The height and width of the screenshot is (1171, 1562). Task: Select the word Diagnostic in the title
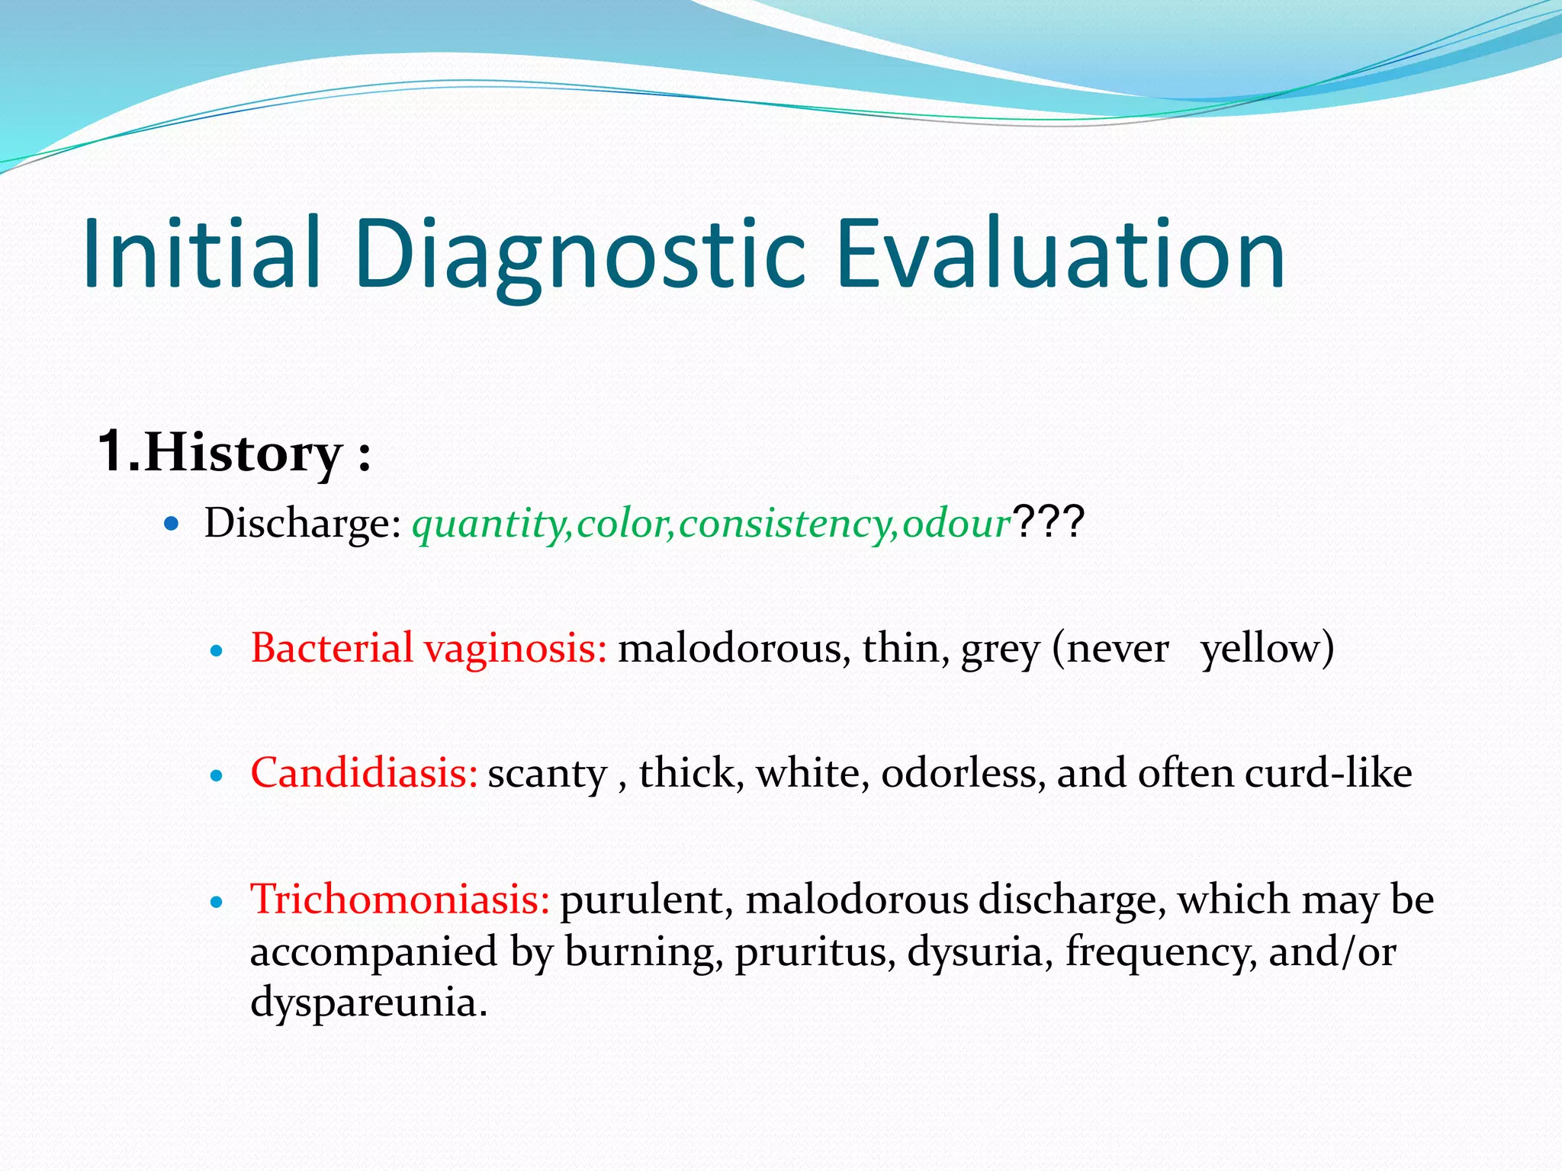tap(580, 255)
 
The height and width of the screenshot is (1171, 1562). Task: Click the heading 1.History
tap(233, 453)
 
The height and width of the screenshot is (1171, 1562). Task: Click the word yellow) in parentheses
tap(1267, 650)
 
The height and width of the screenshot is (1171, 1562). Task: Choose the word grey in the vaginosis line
tap(1000, 651)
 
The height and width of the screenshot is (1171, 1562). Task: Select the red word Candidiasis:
tap(364, 773)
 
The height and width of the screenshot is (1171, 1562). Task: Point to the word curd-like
tap(1328, 773)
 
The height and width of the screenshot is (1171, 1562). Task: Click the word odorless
tap(963, 773)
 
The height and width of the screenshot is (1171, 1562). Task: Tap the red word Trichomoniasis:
tap(400, 899)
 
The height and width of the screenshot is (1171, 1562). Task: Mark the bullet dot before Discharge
tap(172, 524)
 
